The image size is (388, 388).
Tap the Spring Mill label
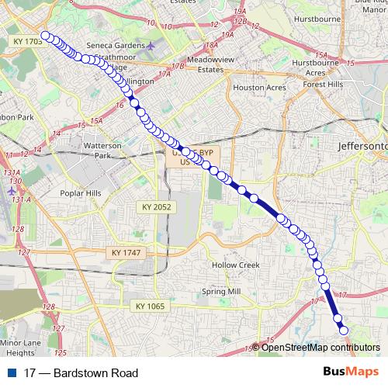[x=221, y=292]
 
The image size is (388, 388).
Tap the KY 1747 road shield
[x=126, y=253]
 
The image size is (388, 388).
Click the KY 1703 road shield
[x=28, y=40]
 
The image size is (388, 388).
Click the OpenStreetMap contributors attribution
[x=317, y=347]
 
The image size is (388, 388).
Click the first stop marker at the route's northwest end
[x=47, y=35]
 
